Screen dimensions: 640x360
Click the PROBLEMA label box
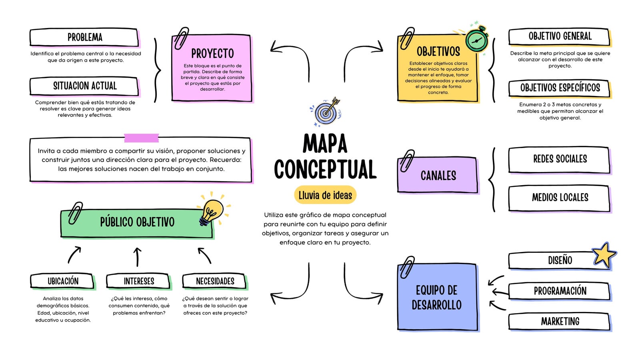tap(84, 37)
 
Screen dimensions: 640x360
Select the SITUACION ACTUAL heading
tap(84, 86)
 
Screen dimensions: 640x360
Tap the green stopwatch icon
tap(476, 40)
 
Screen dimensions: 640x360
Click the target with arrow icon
tap(326, 112)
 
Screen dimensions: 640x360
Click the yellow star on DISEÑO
tap(604, 255)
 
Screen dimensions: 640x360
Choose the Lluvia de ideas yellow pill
tap(325, 195)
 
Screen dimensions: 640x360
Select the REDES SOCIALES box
tap(560, 160)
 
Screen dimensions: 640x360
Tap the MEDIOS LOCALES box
tap(560, 198)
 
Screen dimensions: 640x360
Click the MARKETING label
tap(560, 322)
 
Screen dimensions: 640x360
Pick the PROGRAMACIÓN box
tap(560, 291)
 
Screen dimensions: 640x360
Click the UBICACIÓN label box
tap(62, 281)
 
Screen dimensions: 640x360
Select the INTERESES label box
tap(138, 281)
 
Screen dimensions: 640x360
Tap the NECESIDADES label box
tap(215, 281)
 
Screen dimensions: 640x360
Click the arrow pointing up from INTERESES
tap(138, 257)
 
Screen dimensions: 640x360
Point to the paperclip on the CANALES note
tap(407, 160)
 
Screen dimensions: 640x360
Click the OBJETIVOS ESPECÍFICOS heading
tap(560, 88)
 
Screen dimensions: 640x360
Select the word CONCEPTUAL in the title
tap(325, 169)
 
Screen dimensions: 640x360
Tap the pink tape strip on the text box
tap(142, 138)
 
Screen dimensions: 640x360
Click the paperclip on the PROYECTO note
tap(182, 38)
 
